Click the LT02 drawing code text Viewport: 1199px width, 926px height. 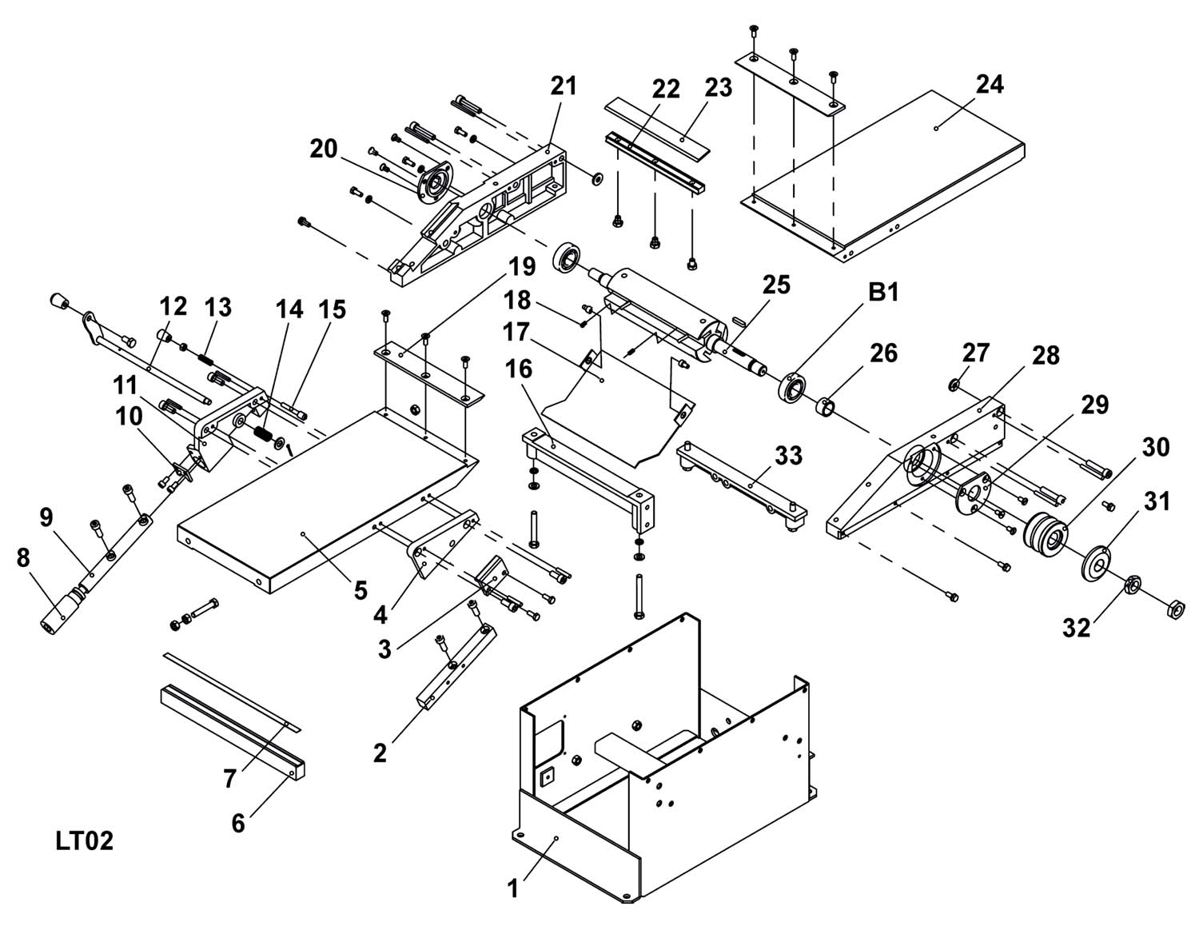click(x=85, y=841)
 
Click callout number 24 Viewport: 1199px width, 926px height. click(x=990, y=84)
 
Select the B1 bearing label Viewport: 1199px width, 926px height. click(x=883, y=293)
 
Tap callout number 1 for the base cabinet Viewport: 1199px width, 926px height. click(x=513, y=888)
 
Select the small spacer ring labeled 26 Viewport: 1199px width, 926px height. click(x=827, y=408)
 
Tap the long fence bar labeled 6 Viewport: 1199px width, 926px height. click(x=232, y=732)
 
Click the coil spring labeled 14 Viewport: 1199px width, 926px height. click(x=264, y=433)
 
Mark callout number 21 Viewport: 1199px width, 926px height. click(x=564, y=86)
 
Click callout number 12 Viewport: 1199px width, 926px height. click(x=173, y=306)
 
